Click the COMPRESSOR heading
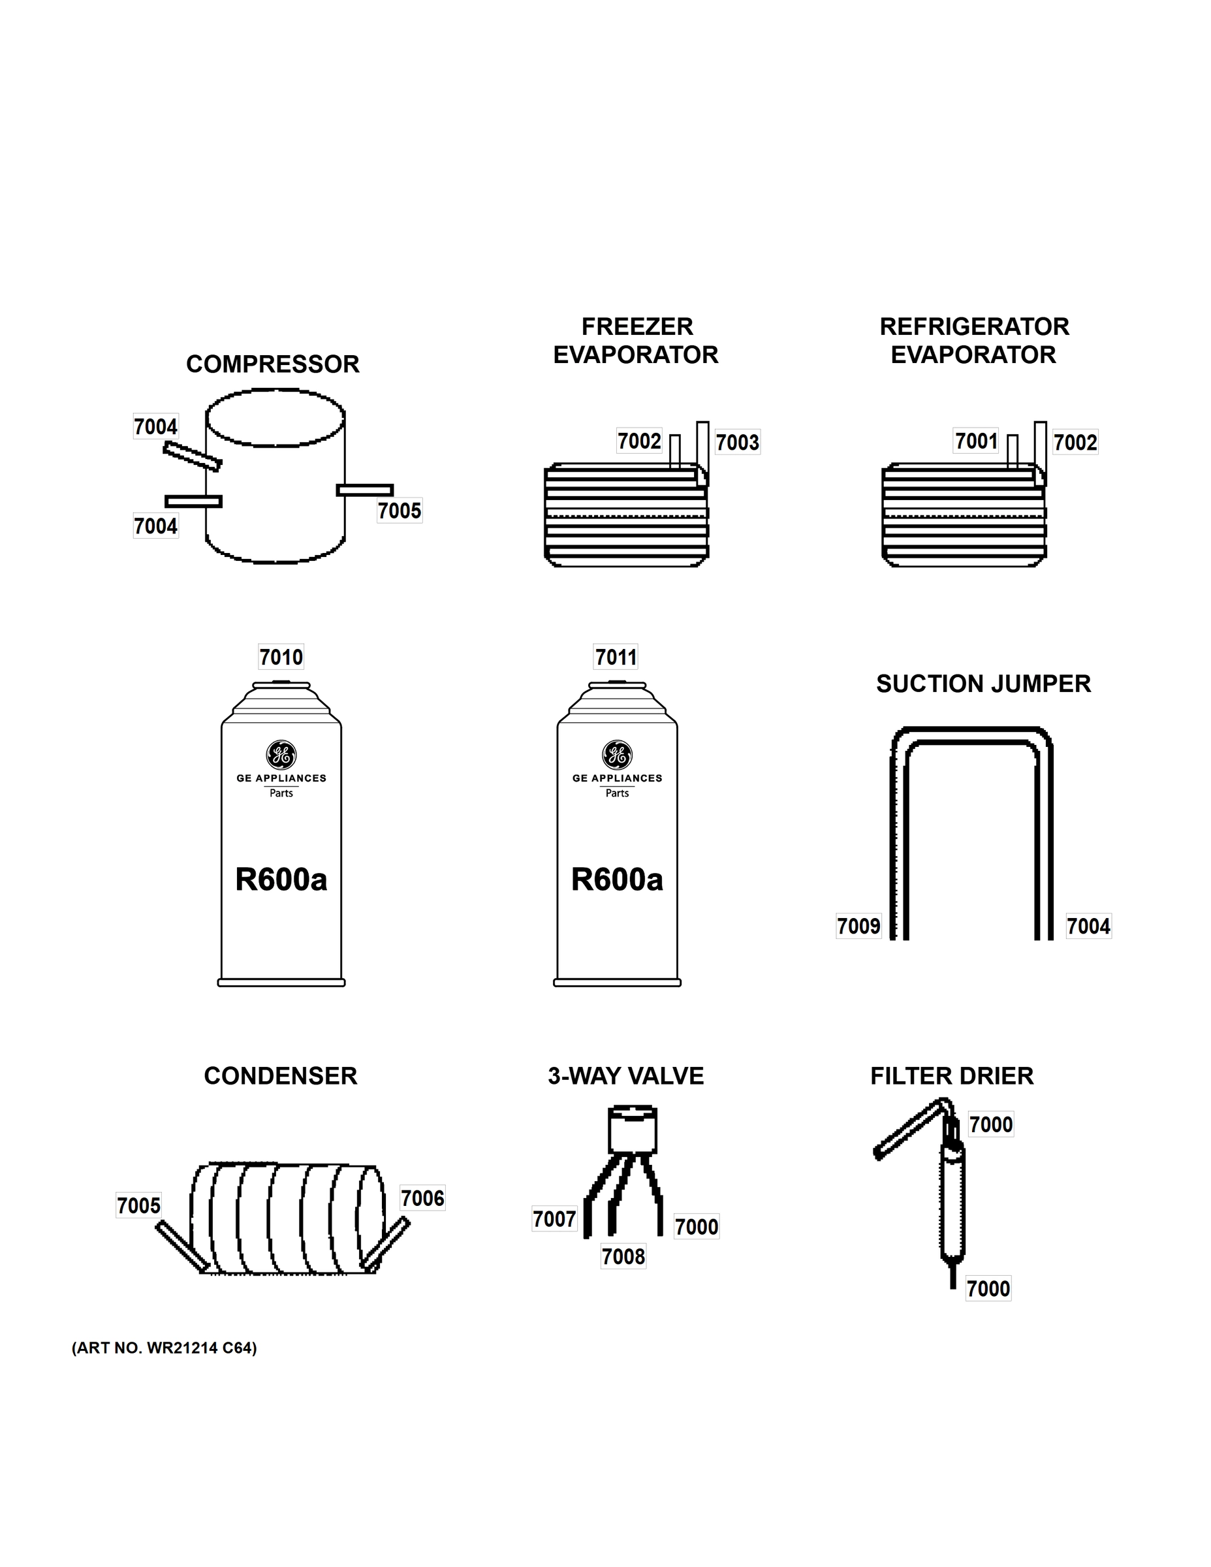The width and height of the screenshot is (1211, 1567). click(x=273, y=364)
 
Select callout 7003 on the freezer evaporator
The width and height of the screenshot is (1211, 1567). click(x=738, y=442)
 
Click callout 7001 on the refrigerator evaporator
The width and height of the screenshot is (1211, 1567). click(x=976, y=441)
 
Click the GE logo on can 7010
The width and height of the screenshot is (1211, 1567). click(x=281, y=754)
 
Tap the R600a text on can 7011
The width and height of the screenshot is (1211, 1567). click(x=617, y=879)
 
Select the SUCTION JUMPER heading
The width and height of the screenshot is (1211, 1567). click(x=983, y=684)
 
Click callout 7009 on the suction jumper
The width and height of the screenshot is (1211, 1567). click(x=858, y=926)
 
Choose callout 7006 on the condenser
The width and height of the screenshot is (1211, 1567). click(x=422, y=1198)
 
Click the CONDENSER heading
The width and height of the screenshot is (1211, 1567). click(x=281, y=1076)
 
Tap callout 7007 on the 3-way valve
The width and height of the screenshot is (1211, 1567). click(x=554, y=1219)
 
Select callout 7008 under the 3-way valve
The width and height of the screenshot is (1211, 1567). click(x=623, y=1256)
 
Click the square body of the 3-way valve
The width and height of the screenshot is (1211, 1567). click(x=632, y=1132)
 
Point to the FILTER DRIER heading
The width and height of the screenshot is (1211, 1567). click(x=951, y=1076)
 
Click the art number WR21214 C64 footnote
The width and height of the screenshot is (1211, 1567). click(x=165, y=1348)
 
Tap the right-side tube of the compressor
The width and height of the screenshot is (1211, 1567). click(x=365, y=490)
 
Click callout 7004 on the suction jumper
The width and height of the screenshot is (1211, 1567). click(x=1088, y=926)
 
